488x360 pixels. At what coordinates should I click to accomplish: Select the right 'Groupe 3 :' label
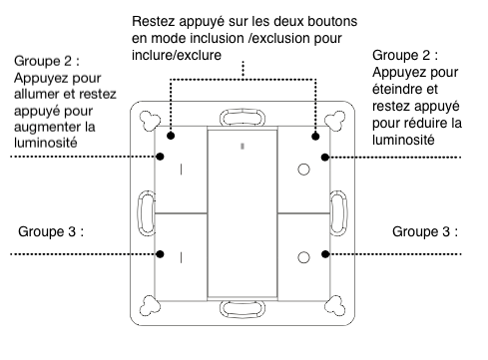[x=425, y=232]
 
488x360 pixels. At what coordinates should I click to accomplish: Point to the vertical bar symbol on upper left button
[x=181, y=171]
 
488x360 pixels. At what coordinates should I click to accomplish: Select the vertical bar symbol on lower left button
[x=181, y=257]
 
